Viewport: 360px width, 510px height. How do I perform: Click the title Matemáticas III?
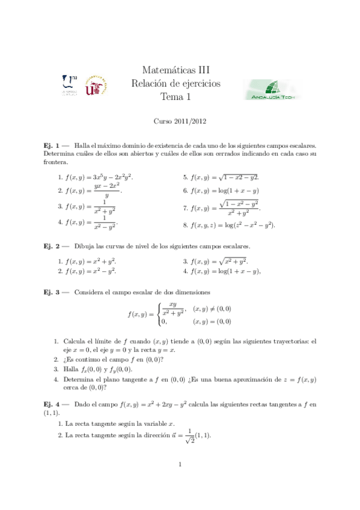coord(180,71)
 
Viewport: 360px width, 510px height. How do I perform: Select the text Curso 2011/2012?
coord(180,121)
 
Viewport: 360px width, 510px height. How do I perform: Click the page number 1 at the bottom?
coord(180,465)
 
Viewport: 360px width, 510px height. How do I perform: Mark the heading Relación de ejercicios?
coord(180,84)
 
